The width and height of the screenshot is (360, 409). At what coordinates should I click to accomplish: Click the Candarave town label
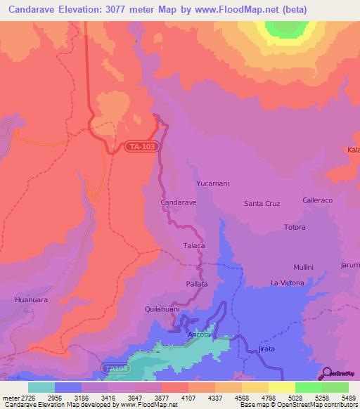pyautogui.click(x=178, y=202)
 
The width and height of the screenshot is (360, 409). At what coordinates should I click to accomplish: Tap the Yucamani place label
pyautogui.click(x=212, y=183)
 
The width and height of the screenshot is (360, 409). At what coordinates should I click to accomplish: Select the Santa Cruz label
pyautogui.click(x=262, y=204)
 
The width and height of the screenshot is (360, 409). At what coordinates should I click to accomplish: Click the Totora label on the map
pyautogui.click(x=295, y=228)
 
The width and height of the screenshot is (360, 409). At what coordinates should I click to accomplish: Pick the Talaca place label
pyautogui.click(x=193, y=246)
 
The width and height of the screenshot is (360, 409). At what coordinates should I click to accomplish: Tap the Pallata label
pyautogui.click(x=197, y=284)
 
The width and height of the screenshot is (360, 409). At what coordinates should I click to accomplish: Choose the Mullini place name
pyautogui.click(x=303, y=268)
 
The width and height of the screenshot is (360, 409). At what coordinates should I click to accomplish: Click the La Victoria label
pyautogui.click(x=287, y=283)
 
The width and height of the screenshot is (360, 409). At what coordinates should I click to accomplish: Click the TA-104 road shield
pyautogui.click(x=115, y=368)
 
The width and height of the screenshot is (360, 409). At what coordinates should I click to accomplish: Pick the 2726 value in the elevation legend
pyautogui.click(x=29, y=398)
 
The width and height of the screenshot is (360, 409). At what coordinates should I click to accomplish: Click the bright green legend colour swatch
pyautogui.click(x=308, y=387)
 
